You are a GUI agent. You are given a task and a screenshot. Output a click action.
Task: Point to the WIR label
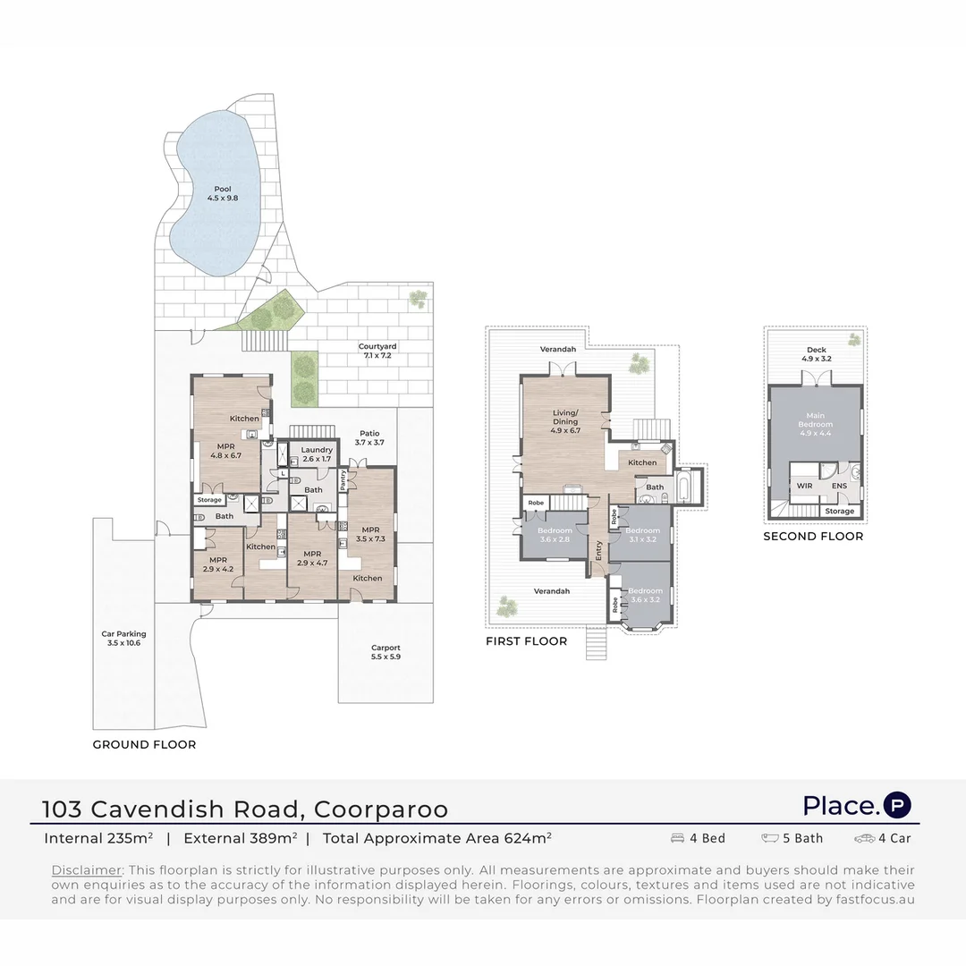pyautogui.click(x=804, y=486)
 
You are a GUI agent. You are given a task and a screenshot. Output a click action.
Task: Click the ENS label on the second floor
pyautogui.click(x=839, y=486)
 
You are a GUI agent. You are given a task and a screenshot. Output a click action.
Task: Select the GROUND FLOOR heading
pyautogui.click(x=144, y=744)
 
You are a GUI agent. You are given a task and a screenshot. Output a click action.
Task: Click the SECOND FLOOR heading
pyautogui.click(x=813, y=537)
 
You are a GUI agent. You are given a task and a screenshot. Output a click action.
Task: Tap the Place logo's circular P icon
pyautogui.click(x=897, y=805)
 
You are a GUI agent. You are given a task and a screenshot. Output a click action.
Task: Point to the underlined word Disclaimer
pyautogui.click(x=86, y=870)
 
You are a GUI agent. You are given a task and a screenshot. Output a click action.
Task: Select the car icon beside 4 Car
pyautogui.click(x=864, y=839)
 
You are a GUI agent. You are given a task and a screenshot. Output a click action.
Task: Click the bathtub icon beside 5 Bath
pyautogui.click(x=771, y=839)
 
